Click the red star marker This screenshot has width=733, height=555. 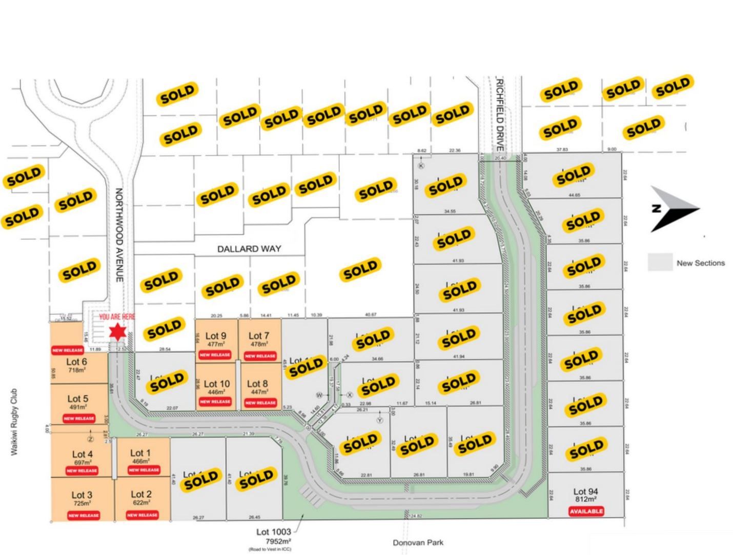click(x=118, y=332)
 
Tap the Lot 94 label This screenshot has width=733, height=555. click(x=585, y=491)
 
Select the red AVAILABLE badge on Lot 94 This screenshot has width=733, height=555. click(x=586, y=511)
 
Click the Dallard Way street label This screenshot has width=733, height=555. click(x=249, y=249)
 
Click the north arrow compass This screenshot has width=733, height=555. click(x=673, y=209)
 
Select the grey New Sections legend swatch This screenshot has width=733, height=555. click(x=660, y=262)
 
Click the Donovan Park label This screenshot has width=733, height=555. click(x=418, y=542)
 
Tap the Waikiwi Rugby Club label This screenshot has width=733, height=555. click(x=14, y=422)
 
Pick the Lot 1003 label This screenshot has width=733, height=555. click(x=273, y=532)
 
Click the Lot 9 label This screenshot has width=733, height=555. click(x=216, y=336)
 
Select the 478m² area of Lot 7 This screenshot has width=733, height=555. click(x=258, y=345)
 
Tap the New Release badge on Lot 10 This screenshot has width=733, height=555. click(x=215, y=402)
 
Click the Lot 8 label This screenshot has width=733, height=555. click(x=257, y=383)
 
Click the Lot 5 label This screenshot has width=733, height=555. click(x=78, y=399)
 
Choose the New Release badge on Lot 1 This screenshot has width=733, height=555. click(x=144, y=470)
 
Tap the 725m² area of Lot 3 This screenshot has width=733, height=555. click(x=83, y=504)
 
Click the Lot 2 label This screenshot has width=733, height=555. click(x=141, y=494)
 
